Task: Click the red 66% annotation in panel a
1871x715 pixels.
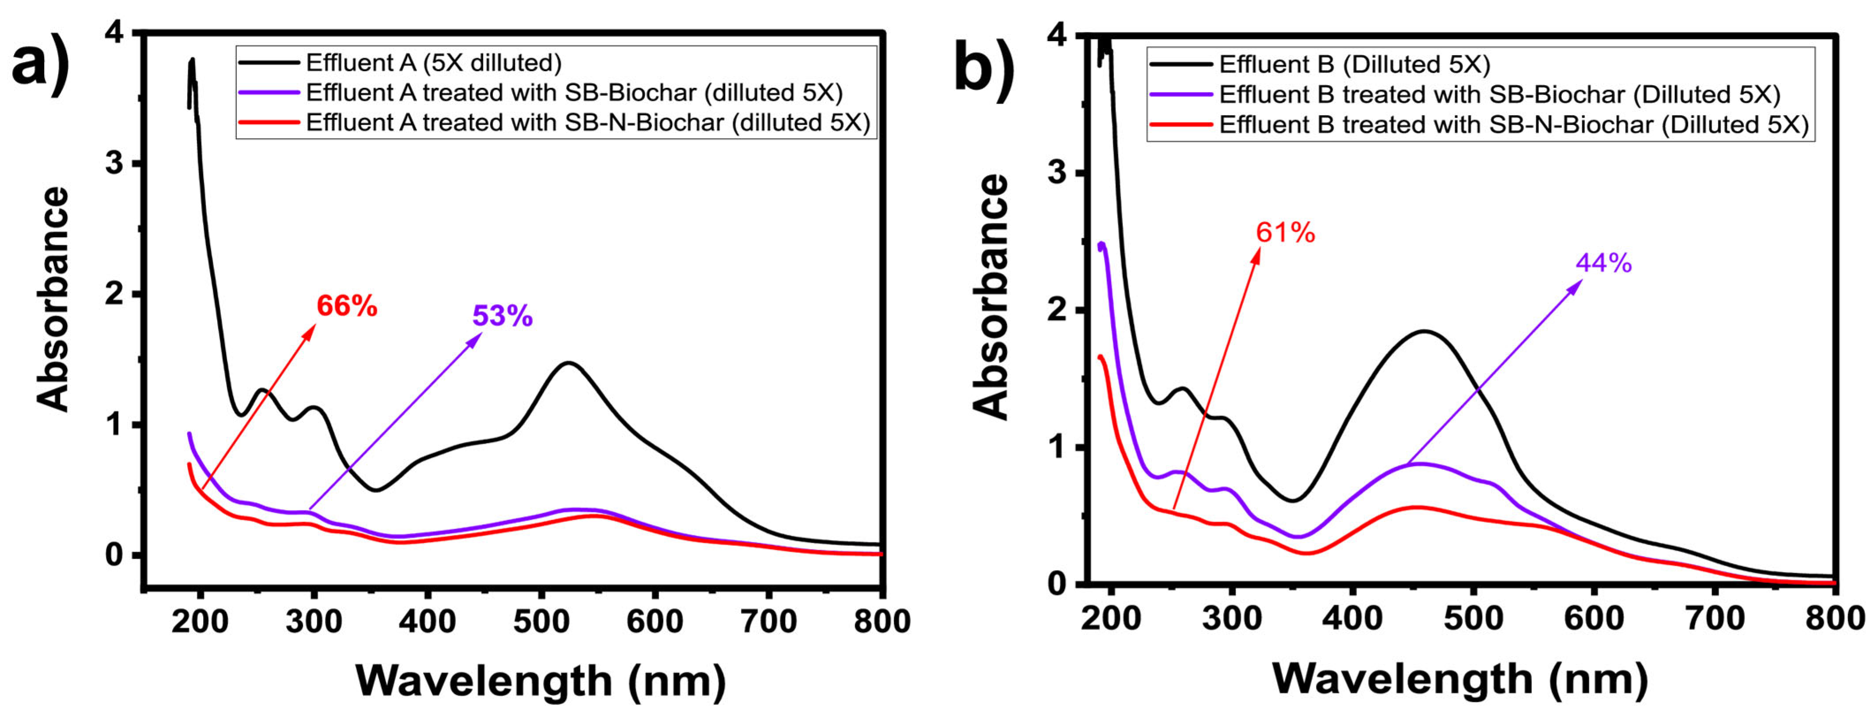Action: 347,306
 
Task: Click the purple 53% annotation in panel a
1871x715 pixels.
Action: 502,316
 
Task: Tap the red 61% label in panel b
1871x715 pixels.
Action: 1285,233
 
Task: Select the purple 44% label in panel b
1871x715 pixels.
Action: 1603,263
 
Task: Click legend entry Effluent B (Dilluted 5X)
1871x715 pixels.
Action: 1354,64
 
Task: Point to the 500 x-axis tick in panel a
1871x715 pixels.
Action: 541,622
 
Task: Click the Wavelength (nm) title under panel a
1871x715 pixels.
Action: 541,681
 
